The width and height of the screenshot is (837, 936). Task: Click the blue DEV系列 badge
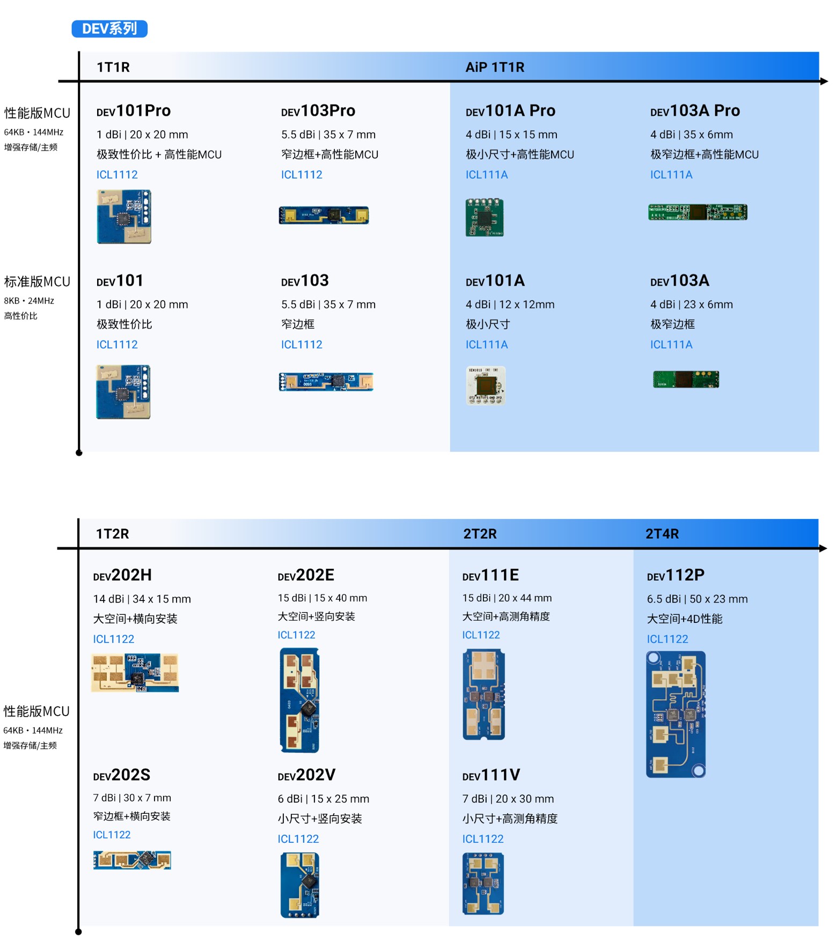(109, 28)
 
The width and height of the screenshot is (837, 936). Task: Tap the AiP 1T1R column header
(495, 67)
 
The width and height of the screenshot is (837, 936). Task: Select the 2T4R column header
(662, 534)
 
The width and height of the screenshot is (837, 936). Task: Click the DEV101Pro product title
(134, 110)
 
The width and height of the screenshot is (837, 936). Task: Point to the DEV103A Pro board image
(697, 212)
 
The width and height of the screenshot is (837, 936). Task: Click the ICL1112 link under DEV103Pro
(302, 175)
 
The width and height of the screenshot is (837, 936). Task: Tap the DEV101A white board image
(486, 385)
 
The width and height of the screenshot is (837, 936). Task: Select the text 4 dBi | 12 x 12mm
(510, 304)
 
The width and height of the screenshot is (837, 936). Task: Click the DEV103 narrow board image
(326, 382)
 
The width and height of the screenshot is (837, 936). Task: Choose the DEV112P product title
(676, 575)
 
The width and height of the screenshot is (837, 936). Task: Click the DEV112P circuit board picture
(676, 714)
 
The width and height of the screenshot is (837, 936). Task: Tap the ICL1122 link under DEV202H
(114, 639)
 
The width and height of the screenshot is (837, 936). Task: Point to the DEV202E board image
(299, 700)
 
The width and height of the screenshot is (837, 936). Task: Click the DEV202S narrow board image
(132, 860)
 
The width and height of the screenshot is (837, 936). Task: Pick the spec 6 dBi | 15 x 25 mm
(324, 799)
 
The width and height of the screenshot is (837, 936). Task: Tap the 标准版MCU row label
(37, 282)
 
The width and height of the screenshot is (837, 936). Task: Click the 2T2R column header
(480, 534)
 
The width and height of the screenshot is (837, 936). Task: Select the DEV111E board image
(483, 694)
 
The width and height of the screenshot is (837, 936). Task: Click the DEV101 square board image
(123, 392)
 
